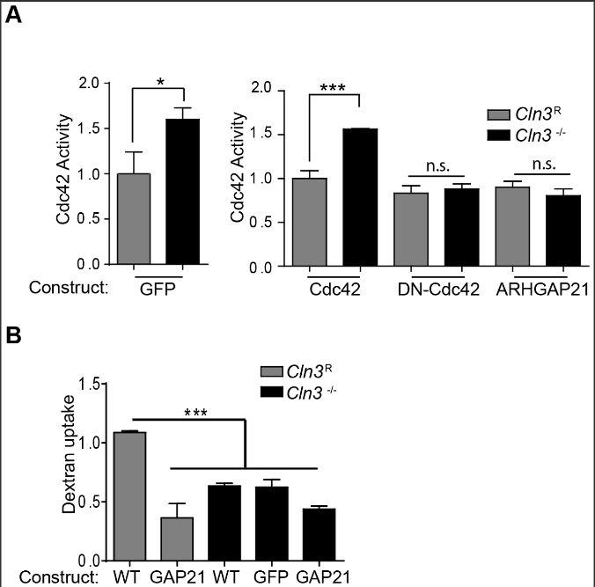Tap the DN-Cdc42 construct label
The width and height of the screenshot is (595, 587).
point(431,288)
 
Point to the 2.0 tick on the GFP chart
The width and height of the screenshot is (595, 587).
point(85,84)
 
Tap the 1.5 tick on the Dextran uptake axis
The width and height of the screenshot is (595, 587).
point(85,384)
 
